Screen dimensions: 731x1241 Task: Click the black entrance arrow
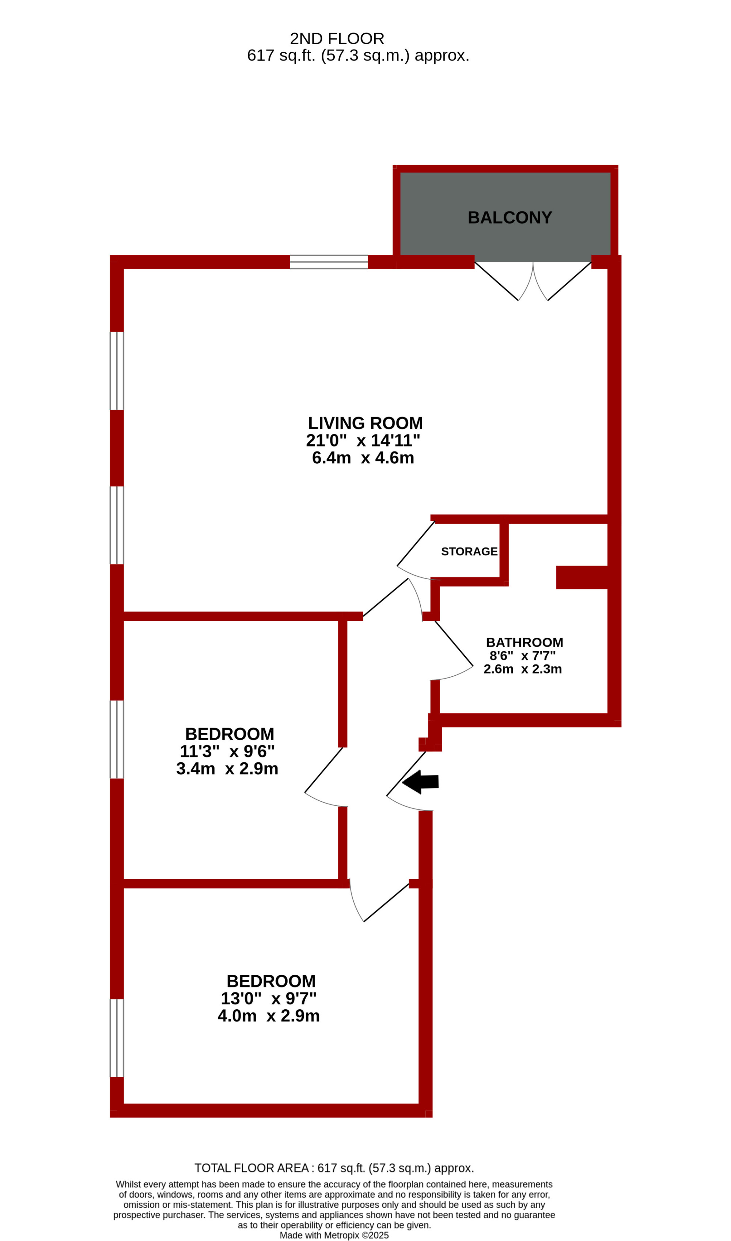tap(420, 782)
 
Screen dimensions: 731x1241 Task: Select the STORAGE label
tap(469, 551)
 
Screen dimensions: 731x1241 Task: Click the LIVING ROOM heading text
tap(365, 423)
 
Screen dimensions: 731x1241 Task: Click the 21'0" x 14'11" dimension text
tap(363, 440)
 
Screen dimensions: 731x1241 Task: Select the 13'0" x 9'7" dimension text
tap(269, 998)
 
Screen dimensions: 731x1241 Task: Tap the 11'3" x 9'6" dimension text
tap(227, 751)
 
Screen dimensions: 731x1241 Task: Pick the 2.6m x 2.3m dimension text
tap(523, 669)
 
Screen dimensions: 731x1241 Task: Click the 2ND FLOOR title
tap(337, 38)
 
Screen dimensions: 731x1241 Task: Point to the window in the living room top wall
tap(329, 262)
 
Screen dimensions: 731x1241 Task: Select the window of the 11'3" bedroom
tap(117, 739)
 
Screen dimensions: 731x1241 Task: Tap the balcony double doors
tap(533, 281)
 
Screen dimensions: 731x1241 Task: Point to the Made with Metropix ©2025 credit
tap(334, 1235)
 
